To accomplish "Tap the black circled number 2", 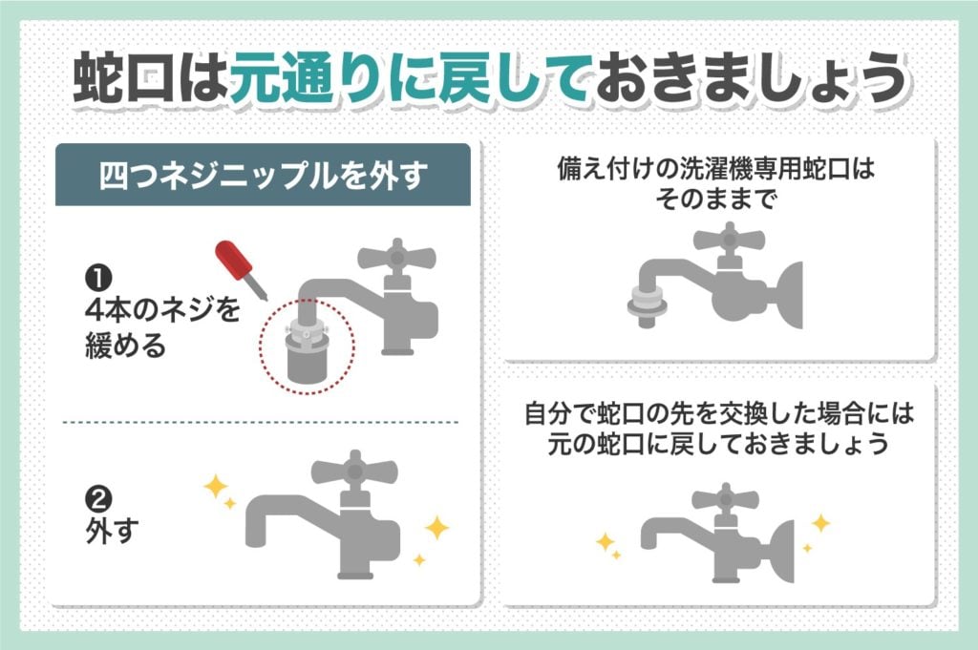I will (x=96, y=499).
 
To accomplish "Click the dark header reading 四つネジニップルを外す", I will (x=263, y=177).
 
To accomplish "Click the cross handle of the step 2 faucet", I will (x=354, y=472).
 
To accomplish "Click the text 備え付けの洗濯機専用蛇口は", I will (x=715, y=171).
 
